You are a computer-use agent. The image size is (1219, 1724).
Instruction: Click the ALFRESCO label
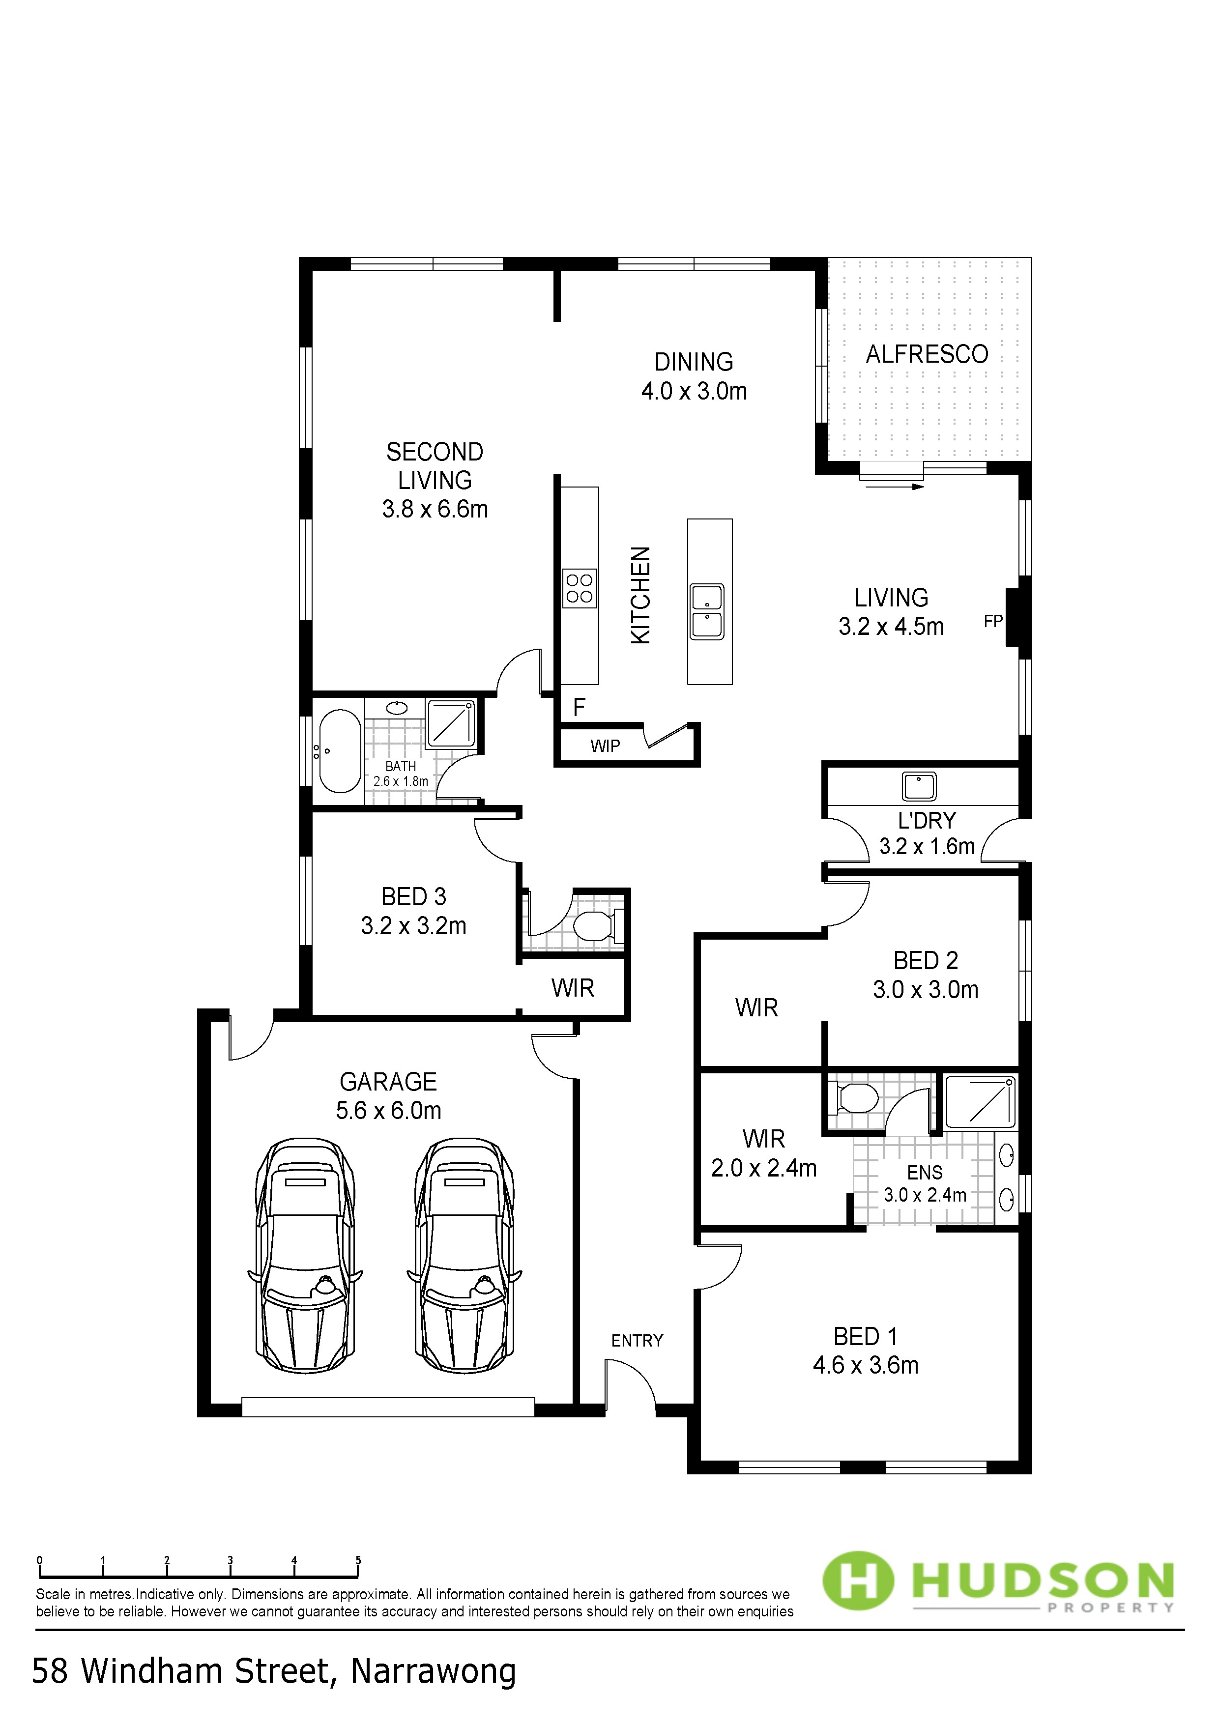coord(927,354)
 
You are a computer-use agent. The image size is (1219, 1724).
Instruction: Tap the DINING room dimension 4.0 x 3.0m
coord(694,391)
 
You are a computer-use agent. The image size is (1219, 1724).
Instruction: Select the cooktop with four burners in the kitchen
coord(580,588)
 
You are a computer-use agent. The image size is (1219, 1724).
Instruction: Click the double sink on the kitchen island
coord(707,611)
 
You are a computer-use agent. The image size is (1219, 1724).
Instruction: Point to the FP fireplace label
coord(993,621)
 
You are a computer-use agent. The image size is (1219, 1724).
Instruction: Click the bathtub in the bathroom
coord(340,751)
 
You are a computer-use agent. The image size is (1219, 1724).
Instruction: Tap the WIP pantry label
coord(606,747)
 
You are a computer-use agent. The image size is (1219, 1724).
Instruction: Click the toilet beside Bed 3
coord(598,926)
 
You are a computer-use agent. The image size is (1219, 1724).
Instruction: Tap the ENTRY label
coord(637,1341)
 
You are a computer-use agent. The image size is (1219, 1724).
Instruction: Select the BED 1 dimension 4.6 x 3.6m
coord(865,1365)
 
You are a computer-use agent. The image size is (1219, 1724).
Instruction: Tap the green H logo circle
coord(859,1582)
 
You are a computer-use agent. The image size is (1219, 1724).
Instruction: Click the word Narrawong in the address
coord(434,1671)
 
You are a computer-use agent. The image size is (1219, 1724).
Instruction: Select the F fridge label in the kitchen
coord(579,707)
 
